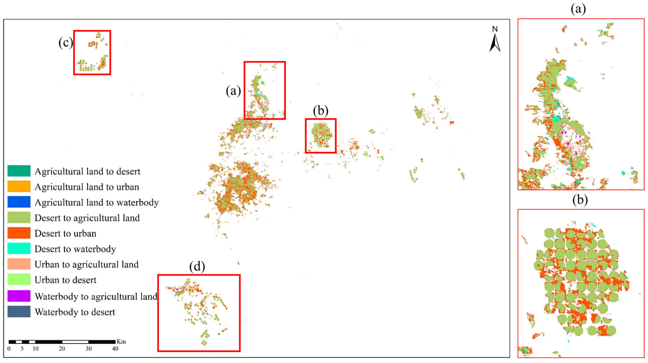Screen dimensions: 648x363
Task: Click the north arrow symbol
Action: coord(495,43)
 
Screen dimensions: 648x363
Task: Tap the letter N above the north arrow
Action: coord(495,29)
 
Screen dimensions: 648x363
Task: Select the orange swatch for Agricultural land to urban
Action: coord(19,186)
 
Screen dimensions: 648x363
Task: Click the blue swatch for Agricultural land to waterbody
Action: coord(19,202)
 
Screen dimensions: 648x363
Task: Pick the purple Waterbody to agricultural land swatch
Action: coord(19,296)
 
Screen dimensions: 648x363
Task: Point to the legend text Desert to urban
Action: coord(65,233)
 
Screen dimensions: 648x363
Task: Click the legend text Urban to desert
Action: coord(65,280)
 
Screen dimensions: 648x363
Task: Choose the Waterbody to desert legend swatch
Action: coord(19,311)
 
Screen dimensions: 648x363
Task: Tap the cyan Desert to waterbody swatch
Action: coord(19,249)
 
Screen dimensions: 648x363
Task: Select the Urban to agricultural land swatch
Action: coord(19,264)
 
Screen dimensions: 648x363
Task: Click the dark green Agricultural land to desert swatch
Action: coord(19,171)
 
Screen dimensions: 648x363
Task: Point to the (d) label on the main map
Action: coord(197,267)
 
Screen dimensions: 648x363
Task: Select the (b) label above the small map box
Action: coord(321,111)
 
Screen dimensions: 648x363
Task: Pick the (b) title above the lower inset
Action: coord(580,200)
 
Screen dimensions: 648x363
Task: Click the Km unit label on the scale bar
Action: coord(121,342)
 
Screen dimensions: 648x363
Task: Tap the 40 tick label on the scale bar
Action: coord(115,349)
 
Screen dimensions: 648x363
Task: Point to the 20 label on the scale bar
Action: coord(62,349)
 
